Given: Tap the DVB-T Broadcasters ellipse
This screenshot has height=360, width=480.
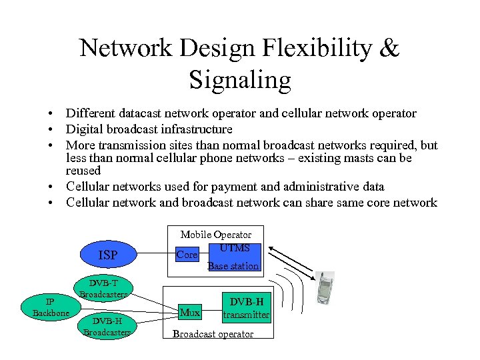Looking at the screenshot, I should (103, 289).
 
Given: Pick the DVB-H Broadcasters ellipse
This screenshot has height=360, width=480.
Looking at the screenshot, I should (107, 326).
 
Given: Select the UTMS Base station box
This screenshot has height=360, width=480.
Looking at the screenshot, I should (233, 257).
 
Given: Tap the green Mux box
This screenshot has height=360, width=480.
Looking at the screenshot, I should (190, 312).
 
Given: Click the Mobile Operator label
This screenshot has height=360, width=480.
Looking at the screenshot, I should (216, 235).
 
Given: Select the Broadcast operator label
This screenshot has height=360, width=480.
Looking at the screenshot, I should (213, 334).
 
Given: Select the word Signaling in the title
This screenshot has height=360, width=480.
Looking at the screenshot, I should (240, 80).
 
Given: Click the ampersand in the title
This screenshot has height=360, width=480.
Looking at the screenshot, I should (391, 48).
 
